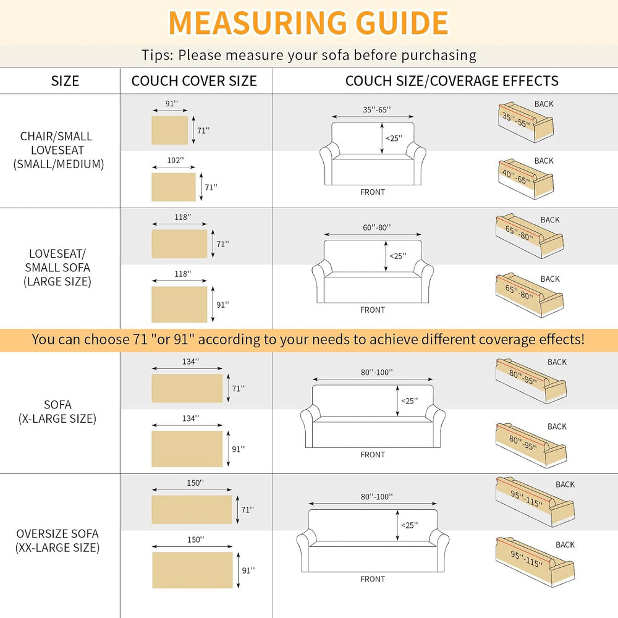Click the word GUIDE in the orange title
(402, 23)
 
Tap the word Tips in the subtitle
(157, 55)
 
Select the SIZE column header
(65, 81)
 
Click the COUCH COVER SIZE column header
(194, 81)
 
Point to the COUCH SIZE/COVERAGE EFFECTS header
(452, 81)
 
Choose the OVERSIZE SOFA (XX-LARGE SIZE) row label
(57, 540)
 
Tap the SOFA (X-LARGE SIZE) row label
(57, 412)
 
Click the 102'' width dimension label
(176, 161)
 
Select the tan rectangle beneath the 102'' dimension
(174, 187)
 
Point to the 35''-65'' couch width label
(377, 109)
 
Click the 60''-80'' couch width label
(377, 227)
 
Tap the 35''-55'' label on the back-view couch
(516, 120)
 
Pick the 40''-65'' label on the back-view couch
(516, 177)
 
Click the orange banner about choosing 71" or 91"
(309, 340)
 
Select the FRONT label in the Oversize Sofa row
(373, 579)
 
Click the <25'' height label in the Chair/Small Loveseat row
(394, 138)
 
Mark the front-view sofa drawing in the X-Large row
(373, 416)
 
